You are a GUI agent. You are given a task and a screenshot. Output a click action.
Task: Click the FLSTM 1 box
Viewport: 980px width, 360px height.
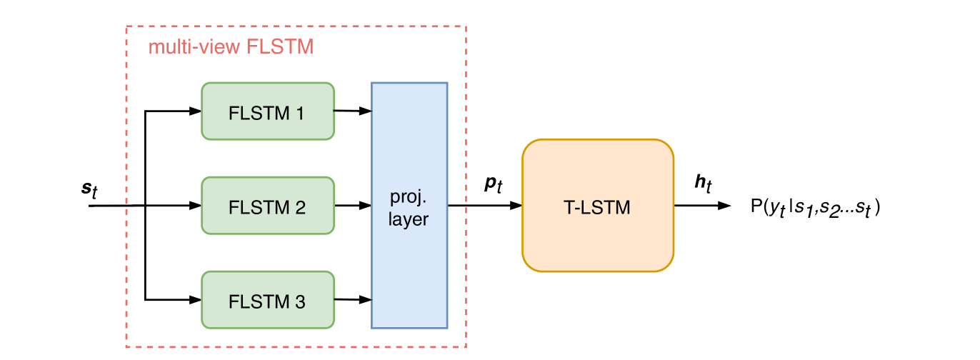point(268,111)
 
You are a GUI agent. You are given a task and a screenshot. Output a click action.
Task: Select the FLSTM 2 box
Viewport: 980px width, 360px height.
point(268,206)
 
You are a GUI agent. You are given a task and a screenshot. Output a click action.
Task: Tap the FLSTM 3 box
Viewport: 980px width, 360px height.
point(268,300)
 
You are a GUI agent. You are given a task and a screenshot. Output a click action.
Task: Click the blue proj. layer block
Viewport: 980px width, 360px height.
point(409,206)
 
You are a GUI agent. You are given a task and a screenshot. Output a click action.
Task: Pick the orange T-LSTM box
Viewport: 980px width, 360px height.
point(598,206)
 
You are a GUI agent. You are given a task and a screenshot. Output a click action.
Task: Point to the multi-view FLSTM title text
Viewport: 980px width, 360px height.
point(231,47)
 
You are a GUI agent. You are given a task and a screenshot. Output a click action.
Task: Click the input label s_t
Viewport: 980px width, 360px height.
point(89,189)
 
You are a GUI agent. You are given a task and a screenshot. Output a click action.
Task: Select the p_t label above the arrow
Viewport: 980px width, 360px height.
point(494,184)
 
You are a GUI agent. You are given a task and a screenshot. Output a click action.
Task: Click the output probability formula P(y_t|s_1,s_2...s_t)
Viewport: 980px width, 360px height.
point(816,207)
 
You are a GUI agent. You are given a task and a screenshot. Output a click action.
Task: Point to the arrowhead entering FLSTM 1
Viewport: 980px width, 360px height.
point(195,111)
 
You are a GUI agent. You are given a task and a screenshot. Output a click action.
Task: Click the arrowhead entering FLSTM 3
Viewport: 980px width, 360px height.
point(195,300)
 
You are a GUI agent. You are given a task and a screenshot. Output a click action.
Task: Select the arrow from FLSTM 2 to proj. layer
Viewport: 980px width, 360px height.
point(353,206)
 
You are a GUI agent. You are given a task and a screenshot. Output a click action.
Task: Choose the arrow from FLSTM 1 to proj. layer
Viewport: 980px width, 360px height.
point(353,111)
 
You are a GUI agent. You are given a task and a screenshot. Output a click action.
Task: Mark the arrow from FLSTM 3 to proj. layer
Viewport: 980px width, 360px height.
point(353,299)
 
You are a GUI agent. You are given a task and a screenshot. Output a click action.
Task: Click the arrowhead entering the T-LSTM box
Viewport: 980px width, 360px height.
point(516,206)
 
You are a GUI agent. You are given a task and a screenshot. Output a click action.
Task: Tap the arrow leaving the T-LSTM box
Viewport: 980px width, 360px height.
point(703,206)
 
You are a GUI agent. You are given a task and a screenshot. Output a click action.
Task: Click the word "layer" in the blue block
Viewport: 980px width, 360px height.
point(408,219)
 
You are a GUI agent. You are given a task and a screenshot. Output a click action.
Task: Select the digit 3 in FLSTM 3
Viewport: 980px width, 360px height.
point(300,302)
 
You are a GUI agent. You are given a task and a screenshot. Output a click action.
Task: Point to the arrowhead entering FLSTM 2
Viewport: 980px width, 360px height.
point(195,206)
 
